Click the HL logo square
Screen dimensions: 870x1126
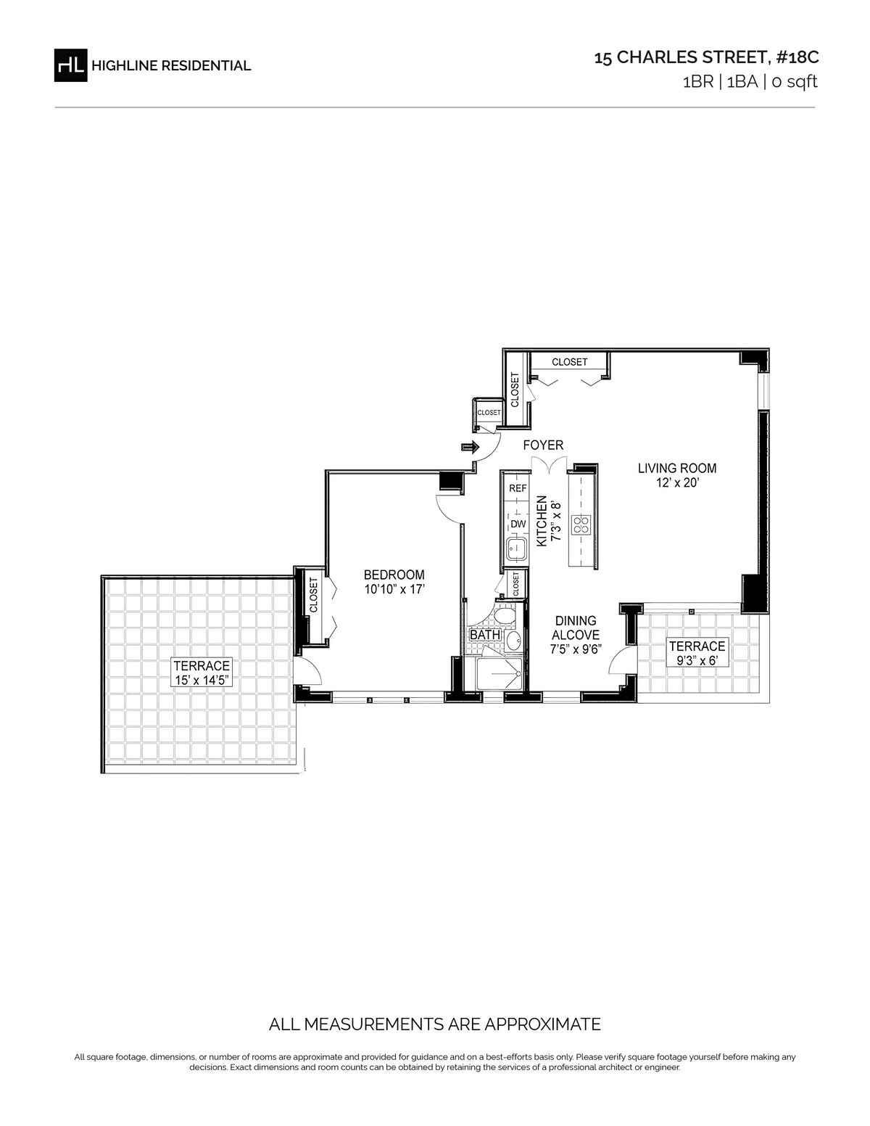(x=70, y=65)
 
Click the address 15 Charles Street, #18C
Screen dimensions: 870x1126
(x=706, y=57)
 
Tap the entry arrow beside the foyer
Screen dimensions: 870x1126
(x=470, y=447)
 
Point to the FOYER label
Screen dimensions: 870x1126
(x=543, y=445)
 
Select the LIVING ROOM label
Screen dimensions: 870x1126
(x=677, y=469)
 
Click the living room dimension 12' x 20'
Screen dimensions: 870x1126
(x=677, y=483)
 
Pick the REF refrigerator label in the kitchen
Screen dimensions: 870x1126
(x=518, y=488)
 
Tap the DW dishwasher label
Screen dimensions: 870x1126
(x=518, y=524)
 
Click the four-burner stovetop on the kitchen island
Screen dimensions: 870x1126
(x=580, y=525)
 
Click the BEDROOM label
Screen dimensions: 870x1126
(x=394, y=575)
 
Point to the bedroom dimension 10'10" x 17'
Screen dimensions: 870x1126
(x=394, y=589)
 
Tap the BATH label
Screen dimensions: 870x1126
(x=485, y=635)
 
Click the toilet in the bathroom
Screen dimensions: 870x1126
(x=504, y=616)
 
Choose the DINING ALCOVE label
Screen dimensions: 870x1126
(x=576, y=628)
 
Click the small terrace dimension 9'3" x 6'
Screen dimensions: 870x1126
(x=697, y=661)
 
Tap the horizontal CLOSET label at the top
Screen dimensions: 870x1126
(x=569, y=362)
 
